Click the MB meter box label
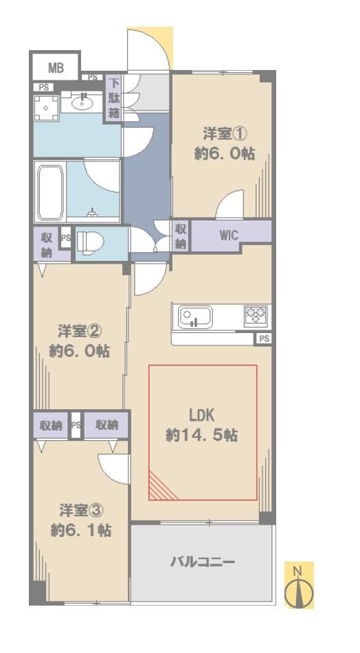click(56, 67)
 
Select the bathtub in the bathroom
click(50, 192)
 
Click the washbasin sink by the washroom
click(82, 102)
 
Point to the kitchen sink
click(195, 317)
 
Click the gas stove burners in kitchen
click(256, 315)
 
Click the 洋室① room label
click(225, 135)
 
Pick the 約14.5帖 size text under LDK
click(202, 435)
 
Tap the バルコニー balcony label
click(203, 562)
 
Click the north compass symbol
click(298, 586)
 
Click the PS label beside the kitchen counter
click(265, 339)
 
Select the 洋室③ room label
click(81, 509)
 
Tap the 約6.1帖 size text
click(81, 530)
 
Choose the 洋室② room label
click(80, 332)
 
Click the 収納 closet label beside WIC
click(181, 236)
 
